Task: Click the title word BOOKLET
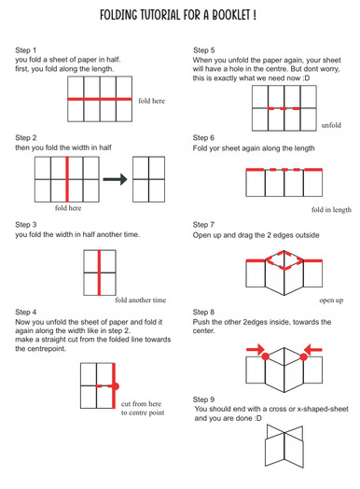point(231,15)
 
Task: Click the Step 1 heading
point(25,50)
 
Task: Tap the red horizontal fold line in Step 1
point(100,99)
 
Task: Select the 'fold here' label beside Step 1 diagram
point(151,101)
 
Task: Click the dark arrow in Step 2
point(115,179)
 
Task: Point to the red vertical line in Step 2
point(67,179)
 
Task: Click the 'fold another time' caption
point(141,300)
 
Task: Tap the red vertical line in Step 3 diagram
point(99,272)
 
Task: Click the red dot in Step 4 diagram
point(115,386)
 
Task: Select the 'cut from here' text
point(141,404)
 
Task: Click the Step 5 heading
point(203,50)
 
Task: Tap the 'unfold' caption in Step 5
point(331,125)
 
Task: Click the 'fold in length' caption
point(331,210)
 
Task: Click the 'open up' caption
point(331,300)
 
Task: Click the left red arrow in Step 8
point(256,350)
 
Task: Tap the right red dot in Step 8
point(304,356)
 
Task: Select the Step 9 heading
point(203,399)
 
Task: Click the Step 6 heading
point(203,137)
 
